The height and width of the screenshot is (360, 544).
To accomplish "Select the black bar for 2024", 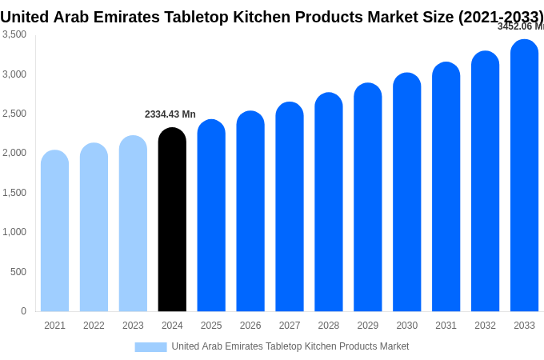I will tap(172, 220).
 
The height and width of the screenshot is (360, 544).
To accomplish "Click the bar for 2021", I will tap(54, 232).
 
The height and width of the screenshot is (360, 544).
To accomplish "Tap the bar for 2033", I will tap(524, 176).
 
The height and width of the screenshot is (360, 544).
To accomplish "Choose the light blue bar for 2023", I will tap(133, 224).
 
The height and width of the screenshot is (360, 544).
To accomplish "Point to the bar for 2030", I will tap(406, 192).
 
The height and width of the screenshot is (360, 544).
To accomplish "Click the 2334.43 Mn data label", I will tap(170, 114).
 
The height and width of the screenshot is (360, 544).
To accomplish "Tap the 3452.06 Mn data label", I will tap(520, 26).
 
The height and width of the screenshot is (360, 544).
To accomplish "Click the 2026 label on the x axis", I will tap(250, 326).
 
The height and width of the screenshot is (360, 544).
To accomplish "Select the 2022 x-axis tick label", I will tap(94, 326).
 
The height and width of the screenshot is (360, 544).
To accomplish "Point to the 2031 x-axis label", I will tap(446, 326).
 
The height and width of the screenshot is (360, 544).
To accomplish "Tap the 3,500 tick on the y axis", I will tap(14, 34).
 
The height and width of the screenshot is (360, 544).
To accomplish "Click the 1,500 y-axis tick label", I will tap(14, 193).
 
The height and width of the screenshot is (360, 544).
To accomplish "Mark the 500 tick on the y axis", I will tap(18, 272).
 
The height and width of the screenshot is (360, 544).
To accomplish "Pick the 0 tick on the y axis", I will tap(23, 311).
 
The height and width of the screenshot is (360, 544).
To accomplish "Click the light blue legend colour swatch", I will tap(150, 347).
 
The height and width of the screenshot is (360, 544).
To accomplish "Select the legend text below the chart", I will tap(290, 346).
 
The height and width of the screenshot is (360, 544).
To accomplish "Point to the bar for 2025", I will tap(211, 216).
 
